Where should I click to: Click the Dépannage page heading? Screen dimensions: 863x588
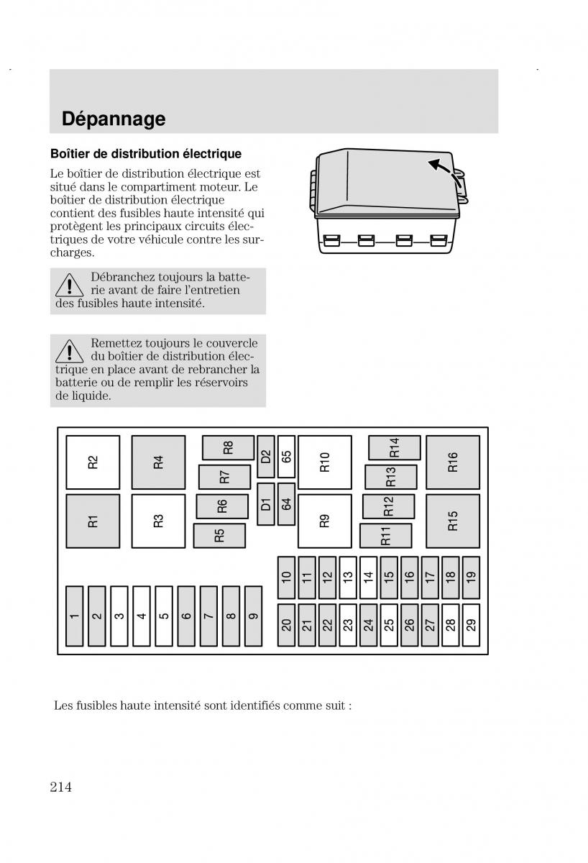pos(114,119)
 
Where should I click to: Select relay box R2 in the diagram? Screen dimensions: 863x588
pos(93,462)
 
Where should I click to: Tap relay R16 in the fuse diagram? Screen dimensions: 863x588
pos(452,462)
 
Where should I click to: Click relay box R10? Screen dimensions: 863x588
pos(324,462)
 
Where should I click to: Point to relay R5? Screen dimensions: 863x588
pos(219,535)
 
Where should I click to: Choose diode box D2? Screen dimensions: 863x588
pos(265,457)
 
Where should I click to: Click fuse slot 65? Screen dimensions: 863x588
pos(286,457)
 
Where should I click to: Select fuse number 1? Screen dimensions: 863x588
pos(75,616)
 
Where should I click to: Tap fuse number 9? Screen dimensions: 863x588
pos(253,616)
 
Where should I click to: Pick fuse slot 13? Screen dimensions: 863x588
pos(348,577)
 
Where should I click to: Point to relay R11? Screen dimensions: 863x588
pos(385,536)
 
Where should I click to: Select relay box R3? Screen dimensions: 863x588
pos(158,521)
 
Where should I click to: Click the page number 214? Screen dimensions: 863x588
pos(61,787)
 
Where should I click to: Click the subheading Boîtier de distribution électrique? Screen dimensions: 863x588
pos(145,154)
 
